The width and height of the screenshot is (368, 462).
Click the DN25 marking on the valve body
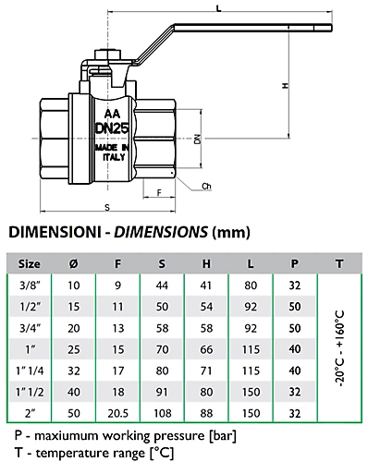coord(111,128)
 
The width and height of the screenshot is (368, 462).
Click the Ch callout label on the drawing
coord(206,187)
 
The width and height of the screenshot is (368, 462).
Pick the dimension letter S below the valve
coord(106,207)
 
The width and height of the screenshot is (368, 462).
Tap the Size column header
coord(30,263)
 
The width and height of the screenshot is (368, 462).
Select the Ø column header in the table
coord(74,263)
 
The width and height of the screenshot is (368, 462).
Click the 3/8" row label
coord(30,286)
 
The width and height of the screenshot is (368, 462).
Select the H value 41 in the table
coord(206,286)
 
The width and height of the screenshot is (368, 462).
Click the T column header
coord(339,263)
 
